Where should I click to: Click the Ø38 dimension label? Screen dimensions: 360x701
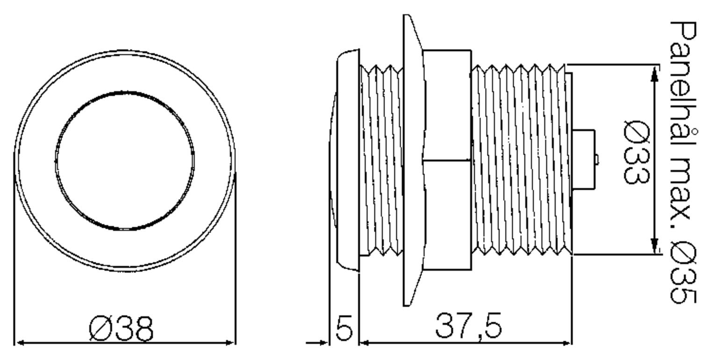(121, 329)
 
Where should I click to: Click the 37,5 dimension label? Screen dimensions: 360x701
(468, 326)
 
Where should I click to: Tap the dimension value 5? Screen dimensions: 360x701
(344, 329)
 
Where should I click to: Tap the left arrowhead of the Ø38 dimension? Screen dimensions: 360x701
(21, 343)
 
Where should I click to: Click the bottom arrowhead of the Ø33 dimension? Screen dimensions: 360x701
(655, 246)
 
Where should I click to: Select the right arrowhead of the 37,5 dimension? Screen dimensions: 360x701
(566, 343)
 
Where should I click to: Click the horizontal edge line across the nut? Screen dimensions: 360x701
(446, 160)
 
